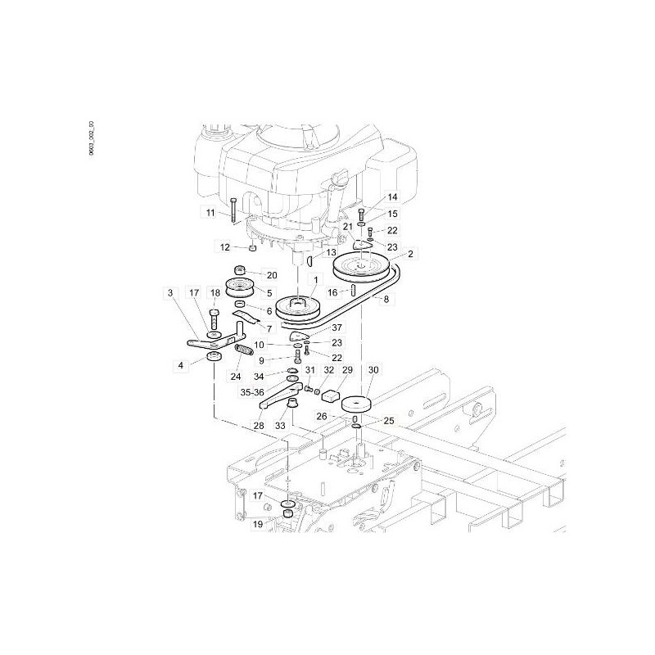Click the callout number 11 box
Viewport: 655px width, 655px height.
[210, 213]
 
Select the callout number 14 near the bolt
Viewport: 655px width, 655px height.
[391, 197]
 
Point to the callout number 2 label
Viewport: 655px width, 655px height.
[410, 254]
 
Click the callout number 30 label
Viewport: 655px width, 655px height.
[374, 371]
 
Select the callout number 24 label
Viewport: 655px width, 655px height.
[236, 377]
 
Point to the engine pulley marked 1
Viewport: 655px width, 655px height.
[297, 310]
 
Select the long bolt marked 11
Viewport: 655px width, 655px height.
[234, 210]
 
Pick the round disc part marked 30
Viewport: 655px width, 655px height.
[357, 406]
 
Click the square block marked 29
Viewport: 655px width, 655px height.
[332, 396]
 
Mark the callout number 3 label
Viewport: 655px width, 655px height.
[171, 292]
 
